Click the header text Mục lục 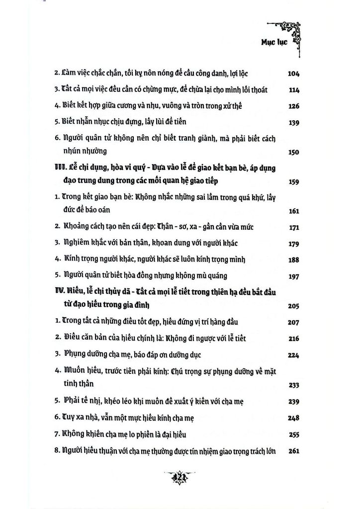pyautogui.click(x=279, y=43)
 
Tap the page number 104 pyautogui.click(x=294, y=74)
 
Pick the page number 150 pyautogui.click(x=294, y=152)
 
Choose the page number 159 pyautogui.click(x=294, y=182)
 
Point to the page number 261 pyautogui.click(x=294, y=451)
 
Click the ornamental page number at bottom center pyautogui.click(x=180, y=478)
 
